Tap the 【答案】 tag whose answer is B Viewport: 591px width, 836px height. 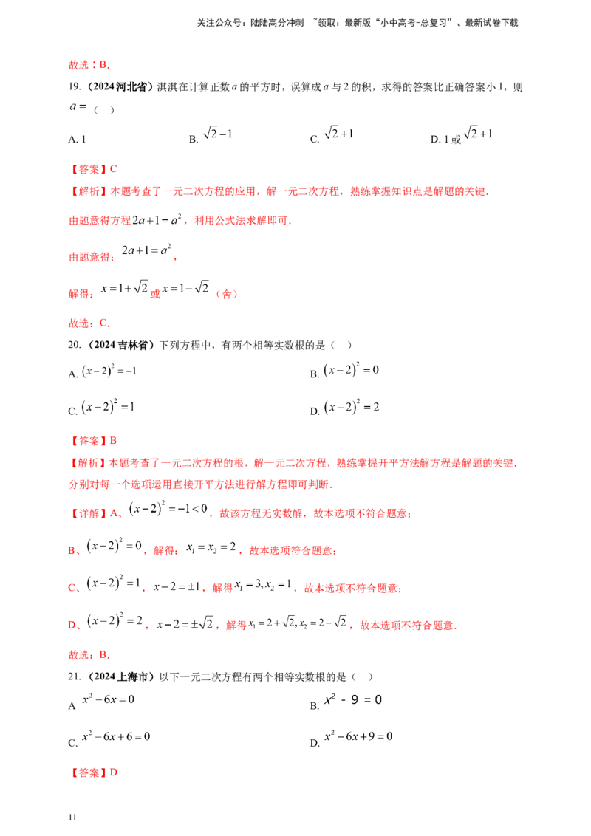click(89, 441)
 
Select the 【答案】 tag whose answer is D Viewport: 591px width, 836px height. click(89, 773)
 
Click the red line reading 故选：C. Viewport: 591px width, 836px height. click(89, 323)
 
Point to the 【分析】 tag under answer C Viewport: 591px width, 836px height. click(88, 191)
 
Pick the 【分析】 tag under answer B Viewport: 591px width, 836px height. click(88, 465)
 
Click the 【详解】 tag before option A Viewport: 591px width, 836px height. click(88, 513)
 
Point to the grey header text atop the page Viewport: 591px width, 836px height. click(358, 24)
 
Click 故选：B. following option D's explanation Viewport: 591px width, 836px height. click(89, 655)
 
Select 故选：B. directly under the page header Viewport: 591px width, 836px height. click(89, 66)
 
